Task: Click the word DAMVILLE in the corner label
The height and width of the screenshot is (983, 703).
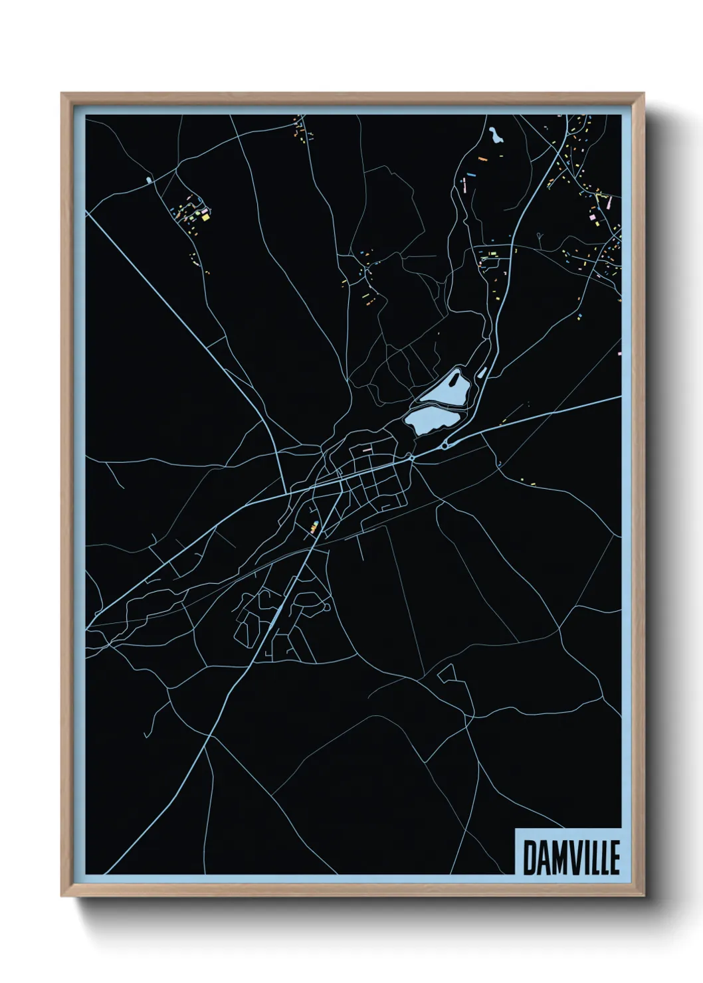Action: click(571, 857)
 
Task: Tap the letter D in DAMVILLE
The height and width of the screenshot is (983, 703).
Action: click(530, 857)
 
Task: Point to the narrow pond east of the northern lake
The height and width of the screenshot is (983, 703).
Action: click(482, 373)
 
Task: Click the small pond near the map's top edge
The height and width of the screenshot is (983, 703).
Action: click(494, 136)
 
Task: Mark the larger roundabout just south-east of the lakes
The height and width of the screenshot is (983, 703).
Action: click(445, 445)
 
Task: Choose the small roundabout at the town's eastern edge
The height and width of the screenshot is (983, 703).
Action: click(413, 458)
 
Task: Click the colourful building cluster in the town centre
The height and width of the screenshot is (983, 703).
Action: click(314, 527)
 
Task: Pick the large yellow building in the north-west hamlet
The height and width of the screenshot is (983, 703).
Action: click(205, 216)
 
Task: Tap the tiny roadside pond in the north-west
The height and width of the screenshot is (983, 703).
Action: click(148, 179)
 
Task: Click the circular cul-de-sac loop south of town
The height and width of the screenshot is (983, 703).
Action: click(327, 607)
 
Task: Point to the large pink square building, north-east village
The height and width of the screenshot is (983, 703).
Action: click(591, 216)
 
